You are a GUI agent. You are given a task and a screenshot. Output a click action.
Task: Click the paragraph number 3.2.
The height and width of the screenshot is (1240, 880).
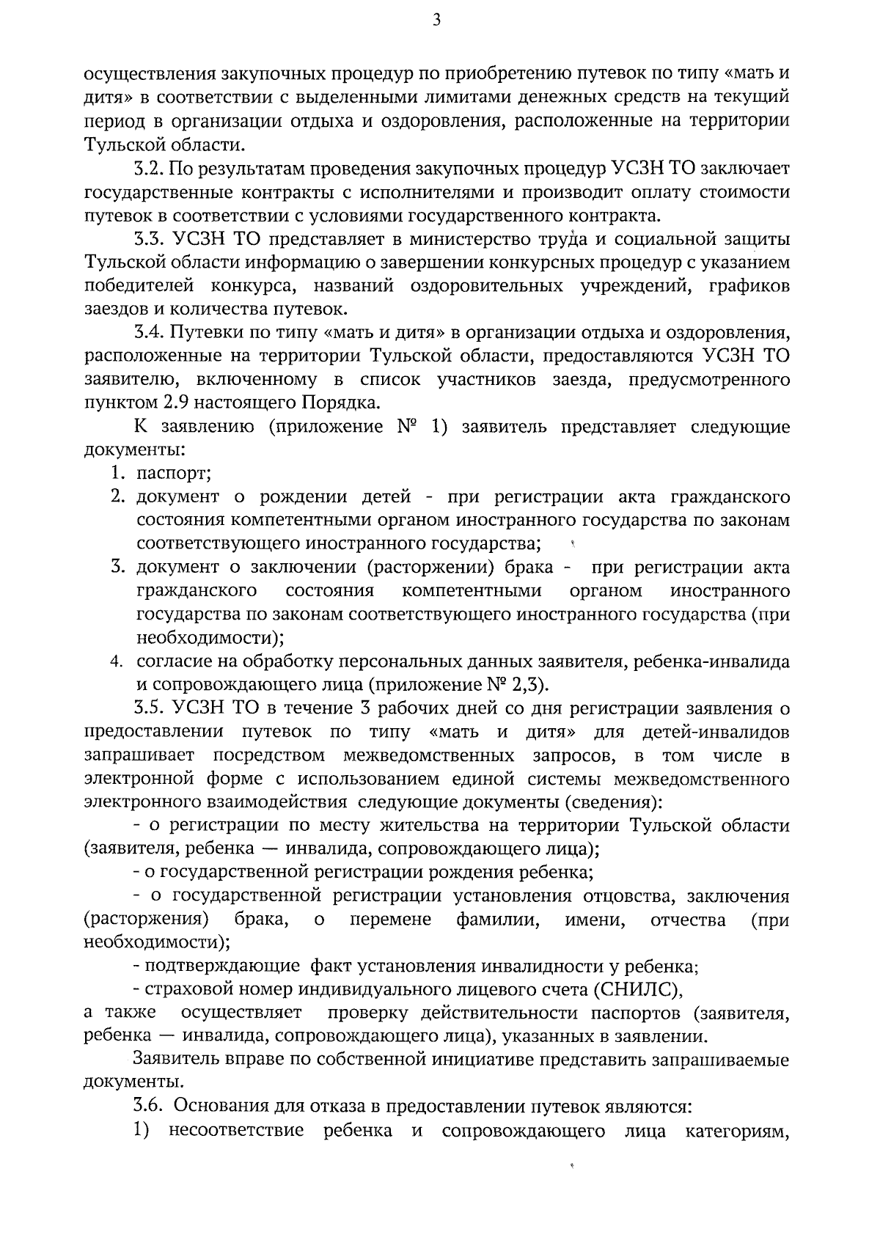(x=147, y=169)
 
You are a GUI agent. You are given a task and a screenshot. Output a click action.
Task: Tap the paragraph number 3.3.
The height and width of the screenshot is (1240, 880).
(x=148, y=239)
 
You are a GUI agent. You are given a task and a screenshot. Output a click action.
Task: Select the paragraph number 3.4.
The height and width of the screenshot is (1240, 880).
(x=148, y=333)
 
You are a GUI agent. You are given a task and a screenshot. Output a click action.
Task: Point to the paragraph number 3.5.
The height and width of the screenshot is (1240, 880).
(x=148, y=708)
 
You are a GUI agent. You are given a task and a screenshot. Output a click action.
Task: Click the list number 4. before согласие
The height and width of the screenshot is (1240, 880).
(x=117, y=662)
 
